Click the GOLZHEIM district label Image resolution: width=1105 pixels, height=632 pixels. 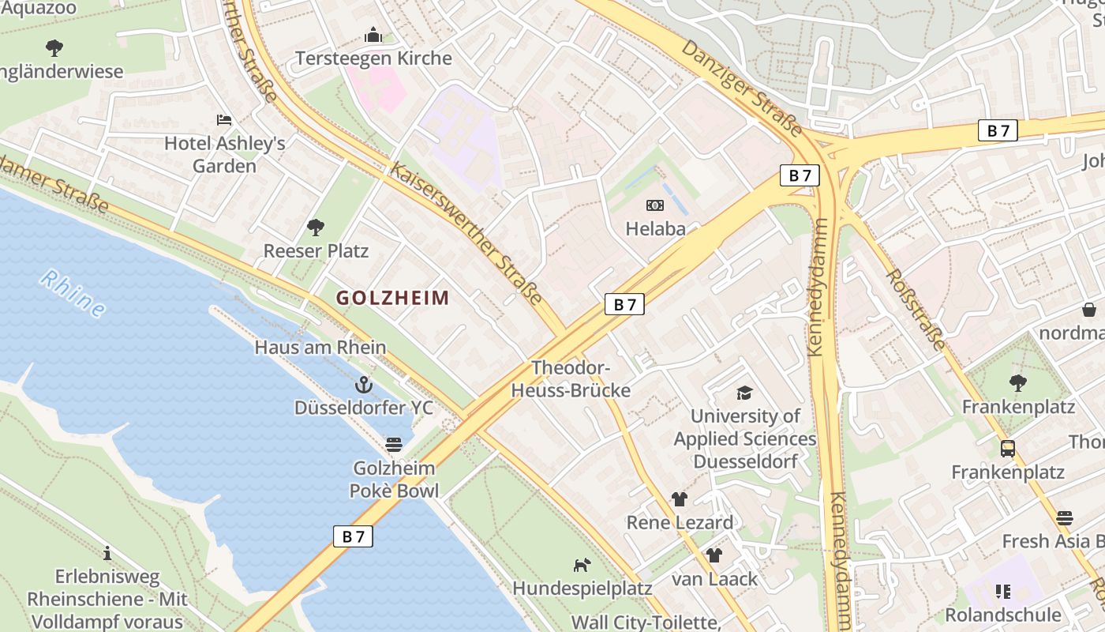[392, 298]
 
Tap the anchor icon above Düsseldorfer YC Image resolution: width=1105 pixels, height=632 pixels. [364, 385]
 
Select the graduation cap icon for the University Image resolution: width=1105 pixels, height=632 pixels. [744, 393]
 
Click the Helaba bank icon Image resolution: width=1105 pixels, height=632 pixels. [654, 205]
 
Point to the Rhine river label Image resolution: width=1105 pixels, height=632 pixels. [73, 294]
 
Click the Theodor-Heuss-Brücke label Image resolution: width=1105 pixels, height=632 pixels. [571, 379]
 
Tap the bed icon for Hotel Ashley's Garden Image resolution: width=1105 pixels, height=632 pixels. [224, 120]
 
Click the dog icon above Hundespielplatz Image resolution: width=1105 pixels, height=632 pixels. [582, 565]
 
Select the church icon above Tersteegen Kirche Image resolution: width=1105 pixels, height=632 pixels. [373, 35]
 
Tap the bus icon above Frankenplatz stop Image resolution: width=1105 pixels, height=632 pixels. [1008, 449]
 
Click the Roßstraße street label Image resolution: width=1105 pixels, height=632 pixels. [916, 309]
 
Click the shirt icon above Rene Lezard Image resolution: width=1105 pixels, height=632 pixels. [679, 499]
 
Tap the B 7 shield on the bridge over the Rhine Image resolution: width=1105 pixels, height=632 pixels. [353, 536]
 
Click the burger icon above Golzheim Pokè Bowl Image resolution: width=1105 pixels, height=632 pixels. [393, 445]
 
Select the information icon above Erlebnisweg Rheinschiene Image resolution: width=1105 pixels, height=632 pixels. [107, 553]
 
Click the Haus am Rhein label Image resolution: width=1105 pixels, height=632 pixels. [320, 347]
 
